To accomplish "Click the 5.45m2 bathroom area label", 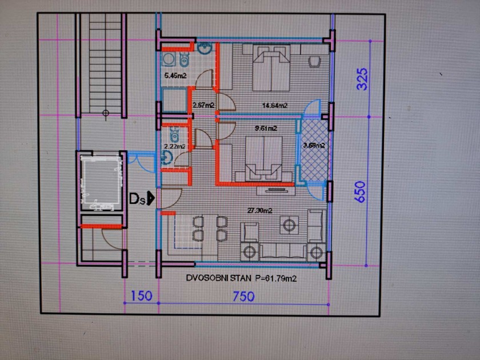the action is [175, 75].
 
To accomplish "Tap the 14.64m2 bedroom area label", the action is [275, 105].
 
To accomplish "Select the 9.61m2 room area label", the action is [266, 128].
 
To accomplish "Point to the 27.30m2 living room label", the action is [259, 211].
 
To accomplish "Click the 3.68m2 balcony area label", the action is [314, 145].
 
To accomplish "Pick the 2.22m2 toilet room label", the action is [174, 146].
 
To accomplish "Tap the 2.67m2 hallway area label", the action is [203, 105].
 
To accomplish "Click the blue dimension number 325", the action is [362, 79].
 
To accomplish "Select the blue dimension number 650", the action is [361, 192].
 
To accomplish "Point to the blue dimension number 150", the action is [142, 296].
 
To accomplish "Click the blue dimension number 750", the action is [243, 297].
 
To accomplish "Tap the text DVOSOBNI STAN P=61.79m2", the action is [241, 278].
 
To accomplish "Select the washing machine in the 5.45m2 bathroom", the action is [169, 59].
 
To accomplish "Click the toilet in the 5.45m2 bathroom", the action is [184, 59].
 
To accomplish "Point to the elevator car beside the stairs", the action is [101, 182].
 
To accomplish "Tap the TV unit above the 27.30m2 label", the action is [276, 191].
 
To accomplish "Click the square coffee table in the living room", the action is [289, 225].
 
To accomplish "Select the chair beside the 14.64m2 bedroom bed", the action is [314, 61].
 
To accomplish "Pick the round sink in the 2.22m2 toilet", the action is [166, 158].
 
